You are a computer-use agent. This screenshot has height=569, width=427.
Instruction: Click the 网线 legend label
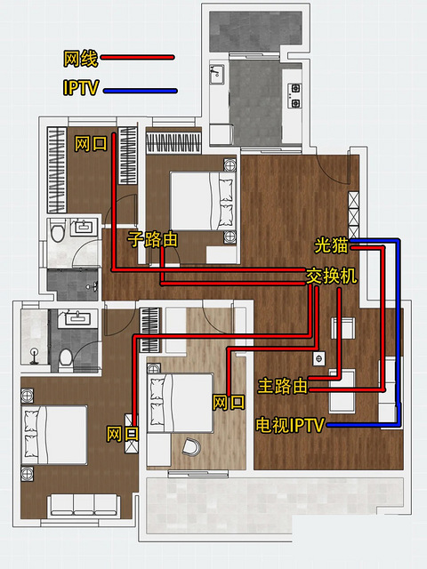[81, 59]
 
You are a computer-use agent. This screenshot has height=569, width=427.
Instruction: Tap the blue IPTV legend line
[141, 91]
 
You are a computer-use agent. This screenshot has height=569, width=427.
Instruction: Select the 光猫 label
[331, 245]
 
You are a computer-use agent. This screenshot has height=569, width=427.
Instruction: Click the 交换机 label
[331, 276]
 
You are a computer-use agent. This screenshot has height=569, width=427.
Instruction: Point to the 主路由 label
[283, 386]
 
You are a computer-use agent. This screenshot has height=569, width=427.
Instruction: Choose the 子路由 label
[152, 239]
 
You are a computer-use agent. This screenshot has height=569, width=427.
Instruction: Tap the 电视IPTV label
[289, 425]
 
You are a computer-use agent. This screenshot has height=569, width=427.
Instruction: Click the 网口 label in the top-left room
[91, 144]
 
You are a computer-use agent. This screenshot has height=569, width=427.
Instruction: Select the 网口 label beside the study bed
[229, 403]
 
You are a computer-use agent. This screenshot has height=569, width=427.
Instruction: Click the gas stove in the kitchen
[294, 96]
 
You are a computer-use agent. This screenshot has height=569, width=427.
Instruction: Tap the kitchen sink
[217, 74]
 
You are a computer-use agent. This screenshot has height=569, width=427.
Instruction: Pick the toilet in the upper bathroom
[57, 231]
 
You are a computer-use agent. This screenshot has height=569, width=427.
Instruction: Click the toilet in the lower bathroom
[66, 359]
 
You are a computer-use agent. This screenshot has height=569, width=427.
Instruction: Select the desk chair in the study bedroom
[191, 446]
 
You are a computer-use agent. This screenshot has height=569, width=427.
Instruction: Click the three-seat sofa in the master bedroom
[84, 505]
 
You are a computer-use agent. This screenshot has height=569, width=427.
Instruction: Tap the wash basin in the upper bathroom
[84, 228]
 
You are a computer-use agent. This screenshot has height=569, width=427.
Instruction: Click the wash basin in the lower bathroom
[77, 318]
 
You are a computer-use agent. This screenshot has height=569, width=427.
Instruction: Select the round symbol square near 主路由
[318, 359]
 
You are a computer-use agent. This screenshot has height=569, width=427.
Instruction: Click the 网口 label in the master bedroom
[123, 434]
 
